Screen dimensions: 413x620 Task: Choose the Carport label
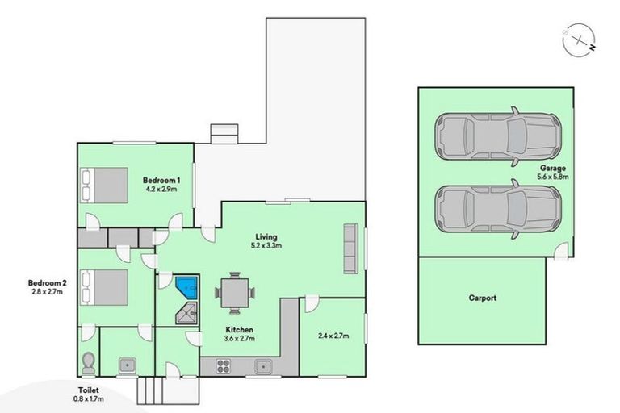click(482, 298)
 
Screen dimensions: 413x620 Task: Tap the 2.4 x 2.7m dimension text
click(332, 335)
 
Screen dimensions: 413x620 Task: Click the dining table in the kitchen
click(234, 292)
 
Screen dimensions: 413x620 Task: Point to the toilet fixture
click(89, 363)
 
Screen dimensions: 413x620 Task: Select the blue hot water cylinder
click(188, 286)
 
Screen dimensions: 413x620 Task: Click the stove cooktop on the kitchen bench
click(224, 368)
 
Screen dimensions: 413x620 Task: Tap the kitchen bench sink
click(262, 368)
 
